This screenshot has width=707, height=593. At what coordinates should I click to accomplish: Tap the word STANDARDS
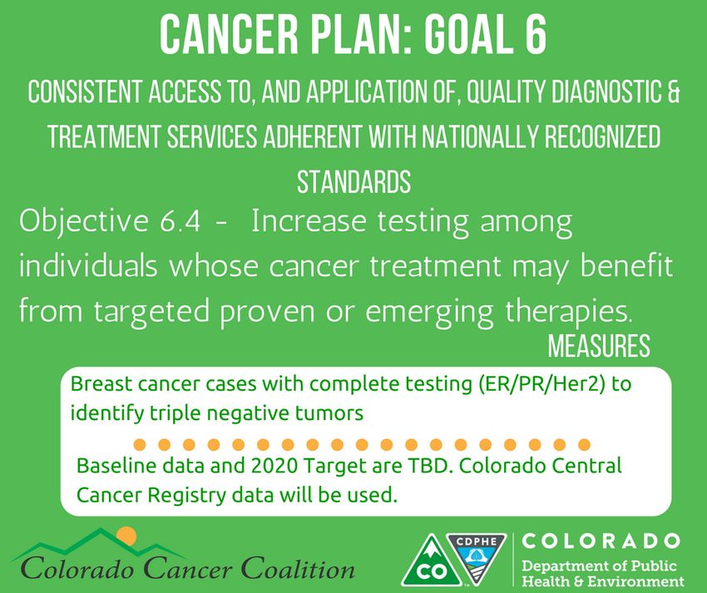[x=354, y=182]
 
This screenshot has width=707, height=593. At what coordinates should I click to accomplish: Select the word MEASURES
[x=599, y=346]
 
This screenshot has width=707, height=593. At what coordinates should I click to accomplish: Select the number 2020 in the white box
[x=274, y=466]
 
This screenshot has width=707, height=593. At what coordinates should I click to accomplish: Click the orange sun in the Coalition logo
[x=126, y=536]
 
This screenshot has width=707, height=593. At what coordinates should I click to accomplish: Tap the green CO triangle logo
[x=431, y=562]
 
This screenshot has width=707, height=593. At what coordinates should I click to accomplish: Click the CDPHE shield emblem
[x=477, y=557]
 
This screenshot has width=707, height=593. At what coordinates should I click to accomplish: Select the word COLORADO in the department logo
[x=601, y=541]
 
